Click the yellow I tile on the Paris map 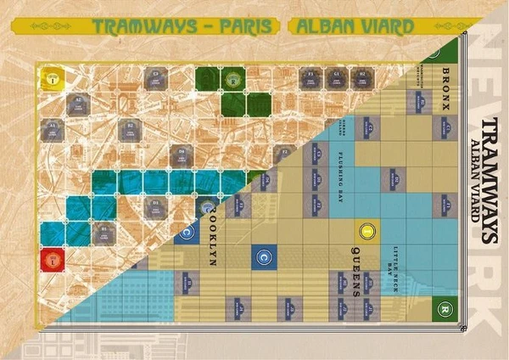(x=53, y=78)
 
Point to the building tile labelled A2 (x=78, y=103)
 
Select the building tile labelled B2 (x=130, y=129)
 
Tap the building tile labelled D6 (x=181, y=155)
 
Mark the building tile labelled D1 (x=155, y=206)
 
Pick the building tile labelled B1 (x=103, y=231)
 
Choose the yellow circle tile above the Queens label (x=366, y=230)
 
